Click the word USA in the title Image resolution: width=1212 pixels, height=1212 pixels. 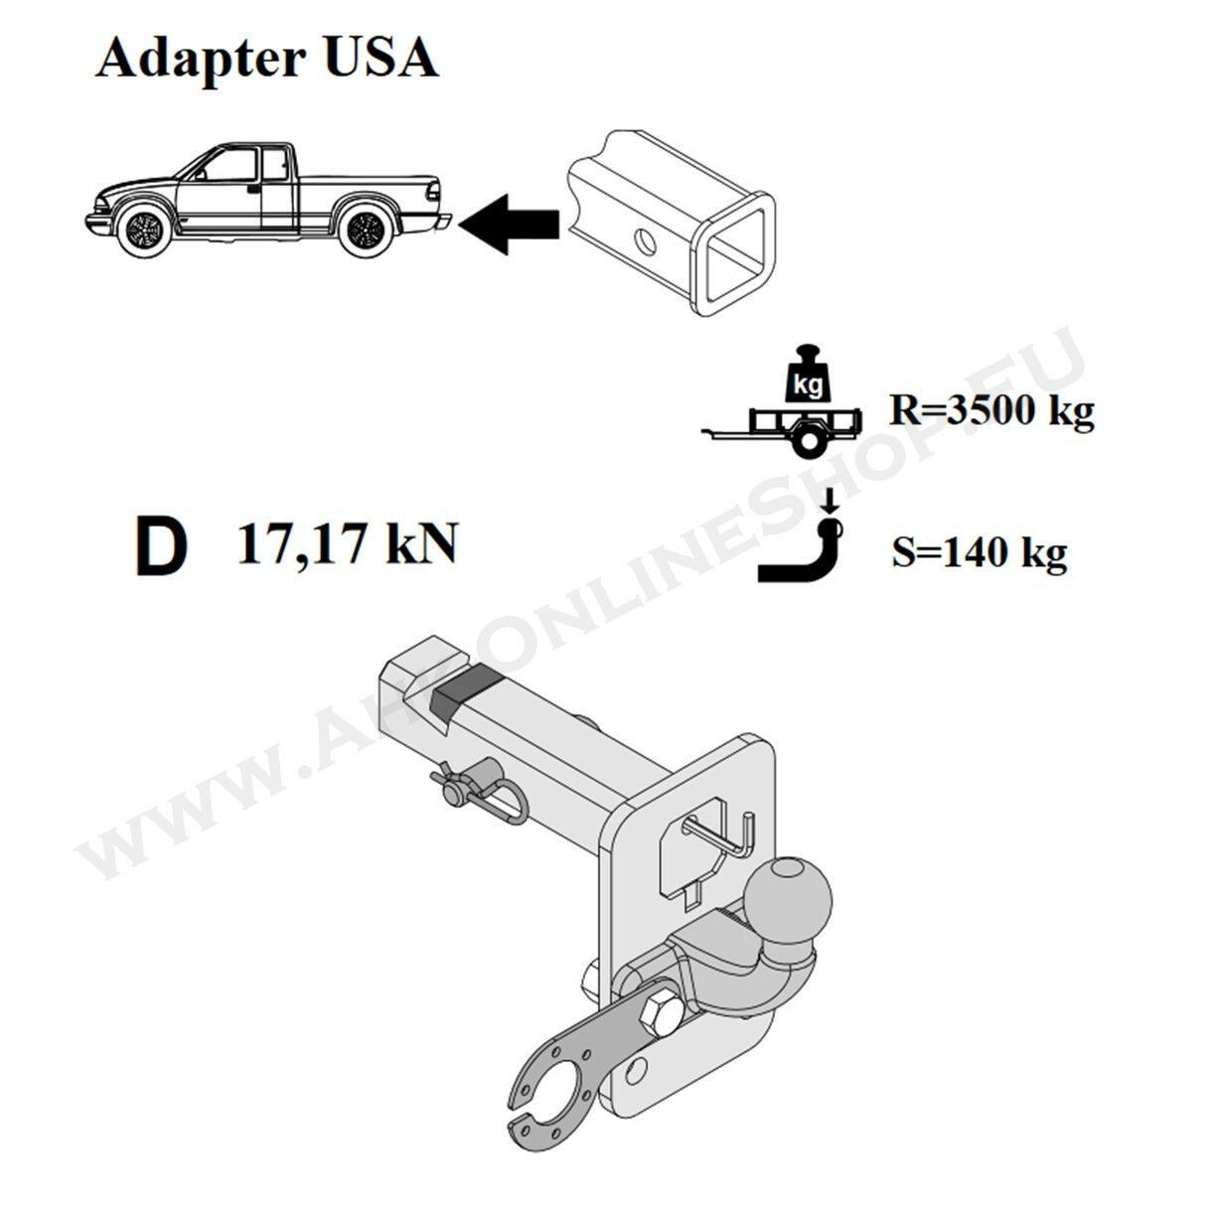click(x=381, y=58)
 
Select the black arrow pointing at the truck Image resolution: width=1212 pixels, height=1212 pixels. click(x=509, y=224)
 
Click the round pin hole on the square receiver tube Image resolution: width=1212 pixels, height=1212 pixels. click(x=645, y=241)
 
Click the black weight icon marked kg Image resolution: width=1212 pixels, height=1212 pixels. click(x=809, y=376)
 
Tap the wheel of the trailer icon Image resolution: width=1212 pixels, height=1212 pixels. click(x=806, y=442)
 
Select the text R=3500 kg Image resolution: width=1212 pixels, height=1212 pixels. click(x=991, y=412)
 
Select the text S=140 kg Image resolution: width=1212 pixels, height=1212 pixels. click(x=980, y=554)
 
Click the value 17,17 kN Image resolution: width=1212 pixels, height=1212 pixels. click(x=347, y=543)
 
